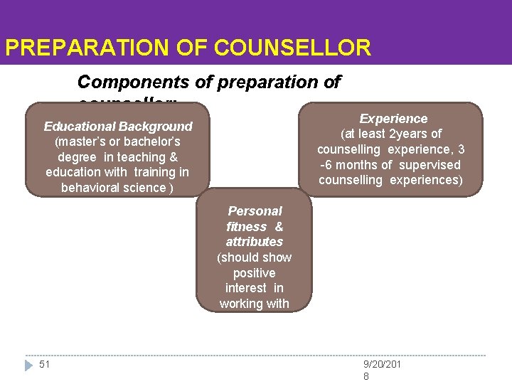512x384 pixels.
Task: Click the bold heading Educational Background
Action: click(x=118, y=127)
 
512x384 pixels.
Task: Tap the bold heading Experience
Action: click(x=393, y=119)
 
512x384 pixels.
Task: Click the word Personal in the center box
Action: click(x=255, y=211)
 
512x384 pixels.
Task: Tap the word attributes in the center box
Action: click(x=255, y=242)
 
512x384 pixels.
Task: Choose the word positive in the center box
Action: click(x=255, y=273)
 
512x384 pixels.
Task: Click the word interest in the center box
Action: click(x=245, y=288)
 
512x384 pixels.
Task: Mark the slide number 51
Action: click(x=45, y=365)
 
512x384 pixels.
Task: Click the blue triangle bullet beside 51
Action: click(x=28, y=365)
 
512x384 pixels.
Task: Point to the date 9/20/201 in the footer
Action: click(x=383, y=365)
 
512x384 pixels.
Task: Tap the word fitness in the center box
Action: click(x=246, y=227)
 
